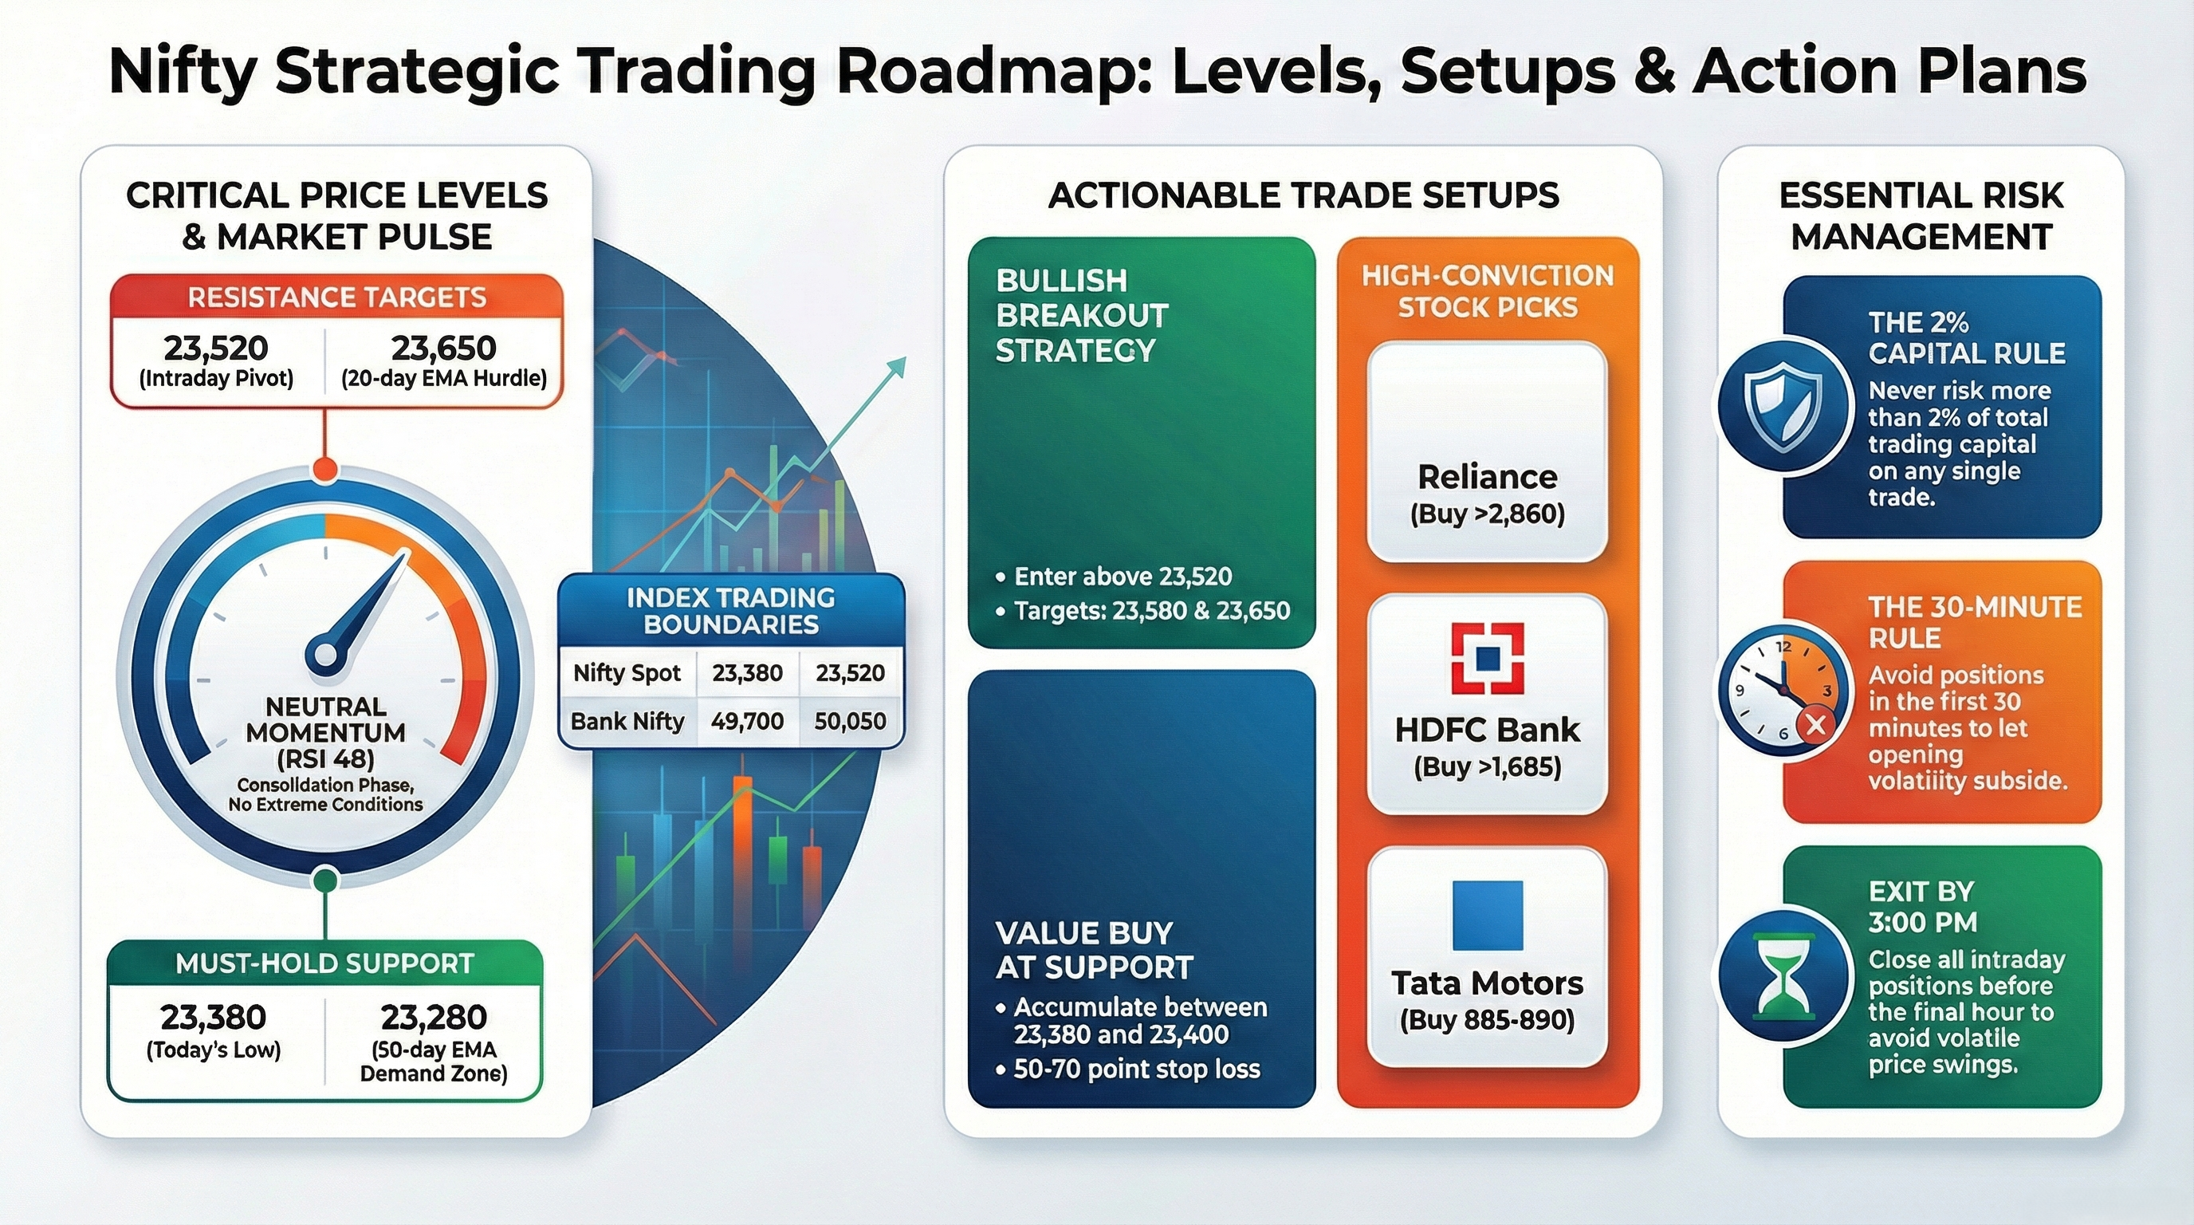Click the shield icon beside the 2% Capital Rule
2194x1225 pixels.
click(1784, 407)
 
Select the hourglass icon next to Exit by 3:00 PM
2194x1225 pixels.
click(1784, 975)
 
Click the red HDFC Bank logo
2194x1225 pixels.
click(1487, 658)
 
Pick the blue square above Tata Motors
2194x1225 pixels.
click(1487, 916)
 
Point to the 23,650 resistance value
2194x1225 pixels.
click(443, 349)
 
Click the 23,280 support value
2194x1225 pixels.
click(434, 1017)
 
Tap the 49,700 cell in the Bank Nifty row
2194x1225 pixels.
click(747, 722)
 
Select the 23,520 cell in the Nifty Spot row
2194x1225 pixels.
click(850, 673)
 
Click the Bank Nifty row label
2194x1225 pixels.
click(627, 722)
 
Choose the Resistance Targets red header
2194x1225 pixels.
click(336, 297)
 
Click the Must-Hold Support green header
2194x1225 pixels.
click(324, 963)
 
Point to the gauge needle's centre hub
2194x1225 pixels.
click(325, 654)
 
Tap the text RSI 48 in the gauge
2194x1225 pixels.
click(326, 758)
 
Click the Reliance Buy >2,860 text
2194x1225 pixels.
click(1487, 514)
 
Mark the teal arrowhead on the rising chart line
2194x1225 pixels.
click(895, 368)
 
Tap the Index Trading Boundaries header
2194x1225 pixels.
click(731, 611)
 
